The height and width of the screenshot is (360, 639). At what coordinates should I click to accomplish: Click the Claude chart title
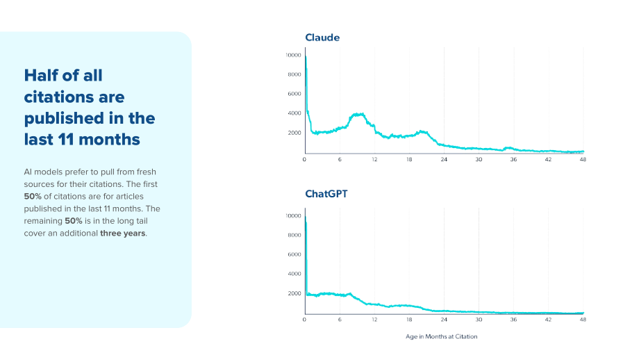coord(322,38)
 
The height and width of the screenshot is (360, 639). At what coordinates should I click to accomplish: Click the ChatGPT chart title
coord(326,194)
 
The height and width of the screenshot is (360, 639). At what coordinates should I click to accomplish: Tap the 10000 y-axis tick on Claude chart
coord(293,55)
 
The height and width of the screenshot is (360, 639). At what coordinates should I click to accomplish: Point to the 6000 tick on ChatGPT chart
coord(294,254)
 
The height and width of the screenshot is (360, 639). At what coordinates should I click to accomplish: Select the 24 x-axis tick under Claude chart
coord(444,159)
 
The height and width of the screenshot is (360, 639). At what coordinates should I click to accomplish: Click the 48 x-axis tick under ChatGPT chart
coord(583,320)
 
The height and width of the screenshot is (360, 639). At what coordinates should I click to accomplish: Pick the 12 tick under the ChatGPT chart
coord(374,320)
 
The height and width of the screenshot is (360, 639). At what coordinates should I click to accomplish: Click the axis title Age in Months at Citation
coord(441,336)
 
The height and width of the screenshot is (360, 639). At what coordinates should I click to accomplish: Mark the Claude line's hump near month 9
coord(358,115)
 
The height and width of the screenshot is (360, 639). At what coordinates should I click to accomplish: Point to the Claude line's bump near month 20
coord(422,131)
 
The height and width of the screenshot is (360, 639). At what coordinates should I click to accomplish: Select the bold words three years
coord(123,234)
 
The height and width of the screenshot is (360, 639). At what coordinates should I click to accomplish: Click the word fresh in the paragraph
coord(147,172)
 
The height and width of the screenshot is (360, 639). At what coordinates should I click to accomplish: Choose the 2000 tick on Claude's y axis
coord(294,133)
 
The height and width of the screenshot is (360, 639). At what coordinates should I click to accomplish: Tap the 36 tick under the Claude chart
coord(513,159)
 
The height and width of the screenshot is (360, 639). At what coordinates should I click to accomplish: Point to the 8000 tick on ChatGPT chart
coord(294,235)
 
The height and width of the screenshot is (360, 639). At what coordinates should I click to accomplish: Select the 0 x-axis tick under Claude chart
coord(304,159)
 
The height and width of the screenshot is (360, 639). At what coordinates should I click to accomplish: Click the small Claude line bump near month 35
coord(508,148)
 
